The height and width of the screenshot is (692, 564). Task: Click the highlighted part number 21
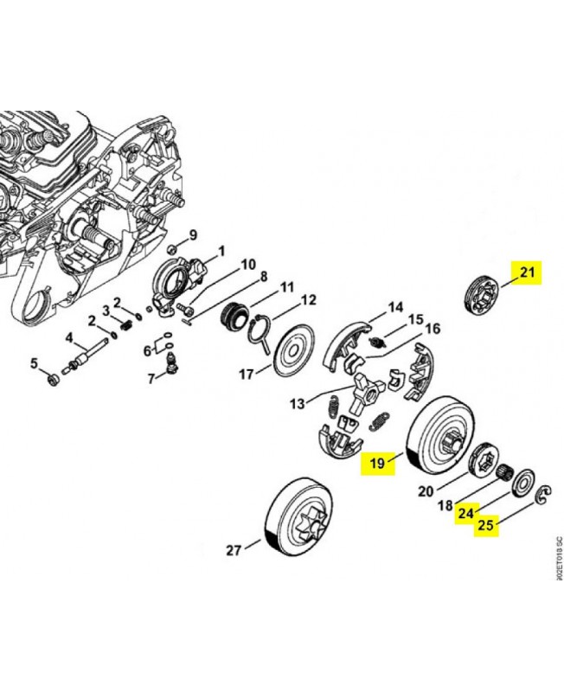click(x=528, y=274)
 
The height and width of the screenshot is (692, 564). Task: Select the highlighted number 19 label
click(x=377, y=464)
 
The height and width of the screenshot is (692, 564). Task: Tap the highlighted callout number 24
click(x=466, y=513)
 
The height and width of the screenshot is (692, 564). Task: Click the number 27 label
click(x=233, y=550)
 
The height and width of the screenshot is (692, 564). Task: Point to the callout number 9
click(x=192, y=234)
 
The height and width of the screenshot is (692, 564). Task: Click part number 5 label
click(x=35, y=362)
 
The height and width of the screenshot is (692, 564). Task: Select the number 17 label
click(x=247, y=375)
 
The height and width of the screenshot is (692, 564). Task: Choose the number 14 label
click(x=395, y=307)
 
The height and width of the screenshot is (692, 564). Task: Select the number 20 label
click(x=425, y=492)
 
